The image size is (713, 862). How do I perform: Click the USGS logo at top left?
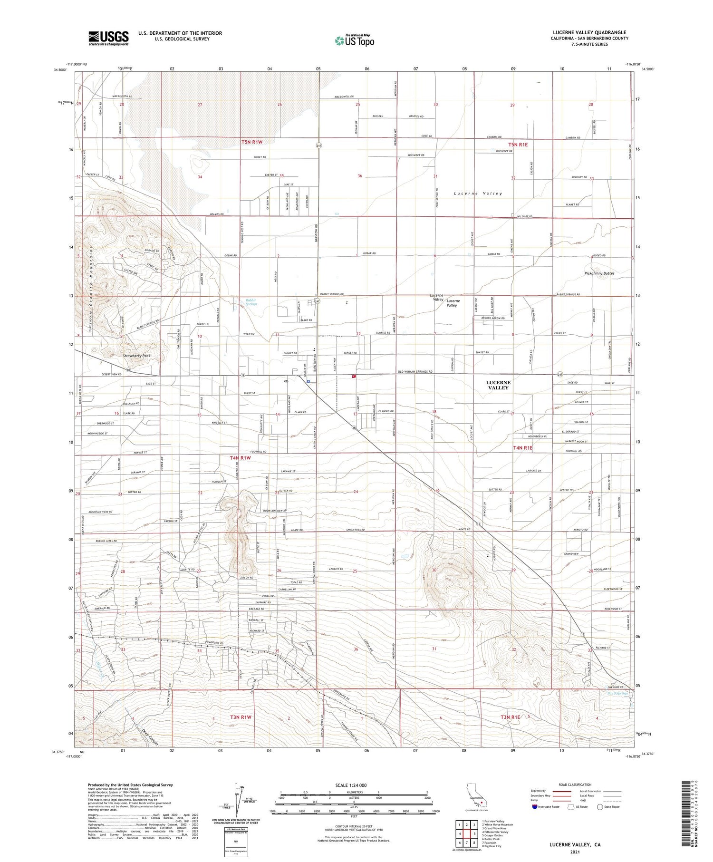tap(108, 38)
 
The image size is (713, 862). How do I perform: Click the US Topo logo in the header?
tap(355, 40)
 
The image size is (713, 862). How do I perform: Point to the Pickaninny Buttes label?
tap(599, 273)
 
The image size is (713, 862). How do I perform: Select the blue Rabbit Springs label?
tap(251, 301)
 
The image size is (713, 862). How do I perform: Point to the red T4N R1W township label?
tap(240, 458)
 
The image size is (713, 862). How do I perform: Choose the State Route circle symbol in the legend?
tap(600, 807)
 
